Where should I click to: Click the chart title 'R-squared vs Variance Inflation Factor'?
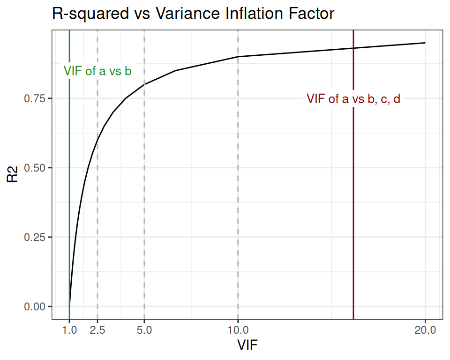coord(193,14)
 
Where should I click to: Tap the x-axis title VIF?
coord(247,345)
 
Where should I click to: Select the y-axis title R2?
coord(13,175)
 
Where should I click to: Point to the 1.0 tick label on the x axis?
coord(69,330)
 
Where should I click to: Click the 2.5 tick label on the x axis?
coord(97,330)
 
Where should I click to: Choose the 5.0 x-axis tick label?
coord(144,330)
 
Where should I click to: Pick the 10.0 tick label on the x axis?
coord(238,330)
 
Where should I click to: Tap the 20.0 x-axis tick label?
coord(425,330)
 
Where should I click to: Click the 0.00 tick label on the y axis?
coord(35,307)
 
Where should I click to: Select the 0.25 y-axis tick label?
coord(35,237)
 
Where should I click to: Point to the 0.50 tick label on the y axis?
coord(35,168)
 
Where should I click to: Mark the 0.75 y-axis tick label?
coord(35,98)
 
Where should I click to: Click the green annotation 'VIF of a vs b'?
coord(97,71)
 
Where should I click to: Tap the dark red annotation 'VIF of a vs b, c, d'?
coord(353,99)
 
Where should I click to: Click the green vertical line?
coord(69,187)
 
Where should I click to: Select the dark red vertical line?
coord(353,211)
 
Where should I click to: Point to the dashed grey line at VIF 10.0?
coord(238,187)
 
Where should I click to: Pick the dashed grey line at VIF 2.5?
coord(97,211)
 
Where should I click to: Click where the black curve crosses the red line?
coord(353,48)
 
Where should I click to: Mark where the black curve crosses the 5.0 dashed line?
coord(144,84)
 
